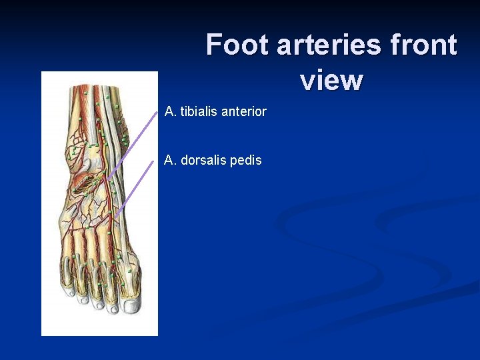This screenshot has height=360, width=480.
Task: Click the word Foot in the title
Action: click(x=237, y=45)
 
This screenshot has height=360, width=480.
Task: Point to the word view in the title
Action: click(x=331, y=81)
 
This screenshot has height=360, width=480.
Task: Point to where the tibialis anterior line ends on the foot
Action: click(x=109, y=177)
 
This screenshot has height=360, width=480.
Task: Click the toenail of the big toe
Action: click(x=131, y=303)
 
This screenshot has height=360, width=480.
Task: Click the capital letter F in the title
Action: click(x=214, y=45)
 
